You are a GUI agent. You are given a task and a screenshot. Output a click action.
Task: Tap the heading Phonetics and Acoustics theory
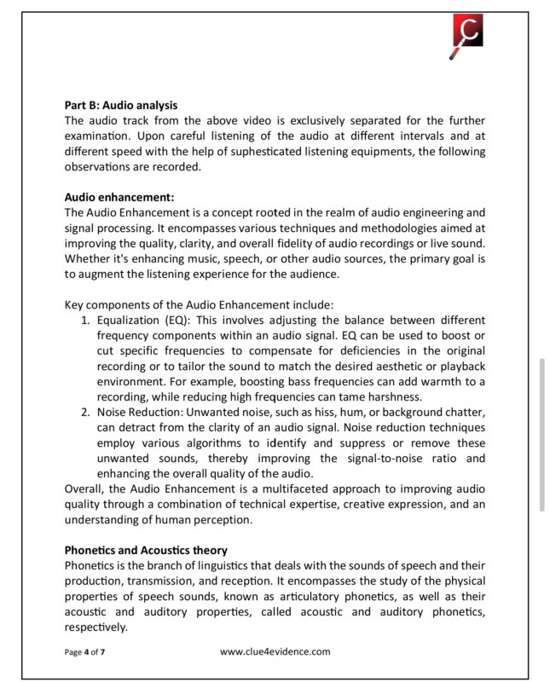146,550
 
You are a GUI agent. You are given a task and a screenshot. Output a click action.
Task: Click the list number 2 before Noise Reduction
85,412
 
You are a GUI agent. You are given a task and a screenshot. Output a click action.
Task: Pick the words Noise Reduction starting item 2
137,412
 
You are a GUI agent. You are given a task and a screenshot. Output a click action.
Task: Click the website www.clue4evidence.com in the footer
275,651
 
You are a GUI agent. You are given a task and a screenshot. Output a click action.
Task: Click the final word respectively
96,626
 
